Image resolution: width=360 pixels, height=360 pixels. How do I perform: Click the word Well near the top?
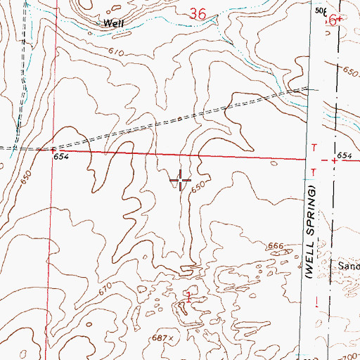coord(114,23)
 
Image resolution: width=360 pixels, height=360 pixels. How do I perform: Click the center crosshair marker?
coord(181,181)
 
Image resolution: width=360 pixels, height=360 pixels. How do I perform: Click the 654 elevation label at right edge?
coord(343,154)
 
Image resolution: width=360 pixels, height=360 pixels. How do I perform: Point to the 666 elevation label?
coord(276,246)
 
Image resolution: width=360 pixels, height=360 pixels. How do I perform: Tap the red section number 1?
coord(189,295)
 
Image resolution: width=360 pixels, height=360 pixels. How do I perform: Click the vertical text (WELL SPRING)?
coord(309,236)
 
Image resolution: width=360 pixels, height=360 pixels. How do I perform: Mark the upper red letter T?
coord(314,146)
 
